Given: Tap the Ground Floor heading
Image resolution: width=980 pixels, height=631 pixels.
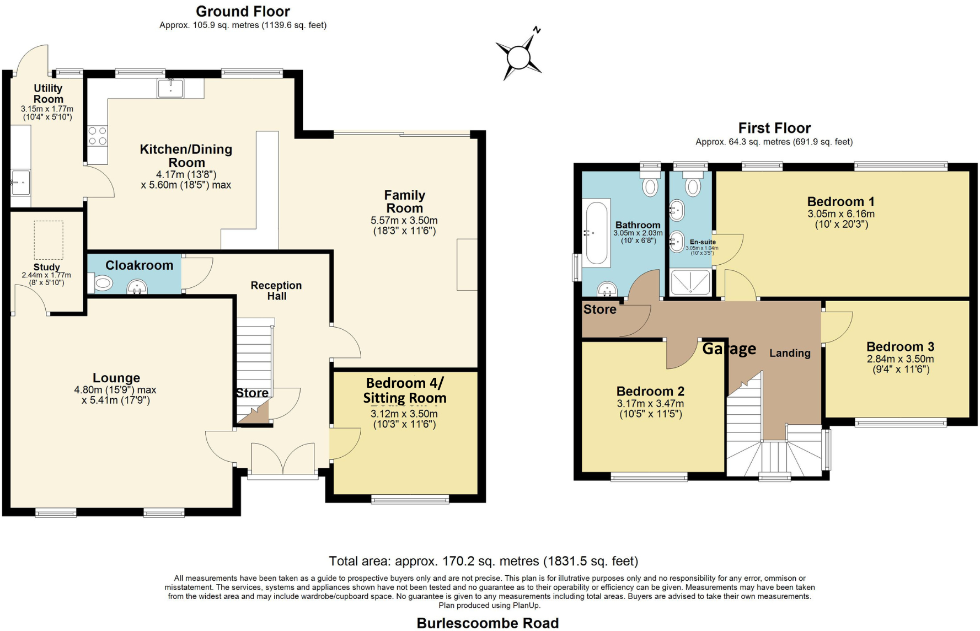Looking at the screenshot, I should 243,11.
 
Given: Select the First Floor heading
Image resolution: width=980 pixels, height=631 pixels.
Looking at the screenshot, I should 774,128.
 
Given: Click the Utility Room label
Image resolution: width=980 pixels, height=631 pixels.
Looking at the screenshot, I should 48,93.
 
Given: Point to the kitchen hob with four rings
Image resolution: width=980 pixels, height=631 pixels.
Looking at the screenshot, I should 98,136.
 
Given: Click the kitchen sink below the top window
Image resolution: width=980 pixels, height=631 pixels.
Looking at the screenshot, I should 171,88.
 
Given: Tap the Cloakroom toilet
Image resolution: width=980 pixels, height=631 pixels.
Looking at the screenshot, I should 103,284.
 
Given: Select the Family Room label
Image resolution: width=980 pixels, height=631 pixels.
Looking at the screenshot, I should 404,201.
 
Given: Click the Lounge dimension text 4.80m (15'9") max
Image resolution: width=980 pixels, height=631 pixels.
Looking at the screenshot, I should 115,390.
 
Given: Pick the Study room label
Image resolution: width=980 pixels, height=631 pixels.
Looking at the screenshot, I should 46,267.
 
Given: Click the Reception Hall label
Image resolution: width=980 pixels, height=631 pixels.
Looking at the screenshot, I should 276,290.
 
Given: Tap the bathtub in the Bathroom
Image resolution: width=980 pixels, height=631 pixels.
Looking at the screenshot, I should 597,233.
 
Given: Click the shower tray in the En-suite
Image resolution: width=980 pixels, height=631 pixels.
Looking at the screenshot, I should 690,282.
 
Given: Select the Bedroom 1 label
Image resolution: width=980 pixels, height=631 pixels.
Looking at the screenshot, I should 840,201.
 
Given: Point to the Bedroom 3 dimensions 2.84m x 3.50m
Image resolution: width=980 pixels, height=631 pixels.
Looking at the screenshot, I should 900,359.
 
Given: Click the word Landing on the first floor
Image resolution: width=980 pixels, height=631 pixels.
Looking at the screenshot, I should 790,353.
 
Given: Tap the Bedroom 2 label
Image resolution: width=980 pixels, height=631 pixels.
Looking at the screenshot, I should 650,391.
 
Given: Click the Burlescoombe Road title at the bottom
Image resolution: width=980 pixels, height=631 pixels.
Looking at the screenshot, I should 488,623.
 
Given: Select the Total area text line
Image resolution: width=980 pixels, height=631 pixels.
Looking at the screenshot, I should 483,561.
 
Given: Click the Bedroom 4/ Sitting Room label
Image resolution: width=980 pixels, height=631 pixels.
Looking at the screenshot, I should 405,391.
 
